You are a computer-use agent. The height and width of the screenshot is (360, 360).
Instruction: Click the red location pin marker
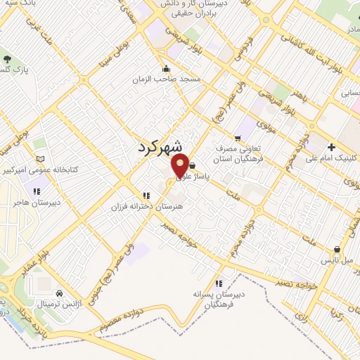point(181,167)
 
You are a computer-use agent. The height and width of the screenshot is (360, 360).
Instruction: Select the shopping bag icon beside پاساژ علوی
point(192,166)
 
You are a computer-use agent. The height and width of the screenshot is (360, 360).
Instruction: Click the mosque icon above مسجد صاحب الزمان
point(167,68)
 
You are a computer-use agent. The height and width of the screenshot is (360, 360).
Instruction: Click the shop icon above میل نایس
point(337,249)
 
